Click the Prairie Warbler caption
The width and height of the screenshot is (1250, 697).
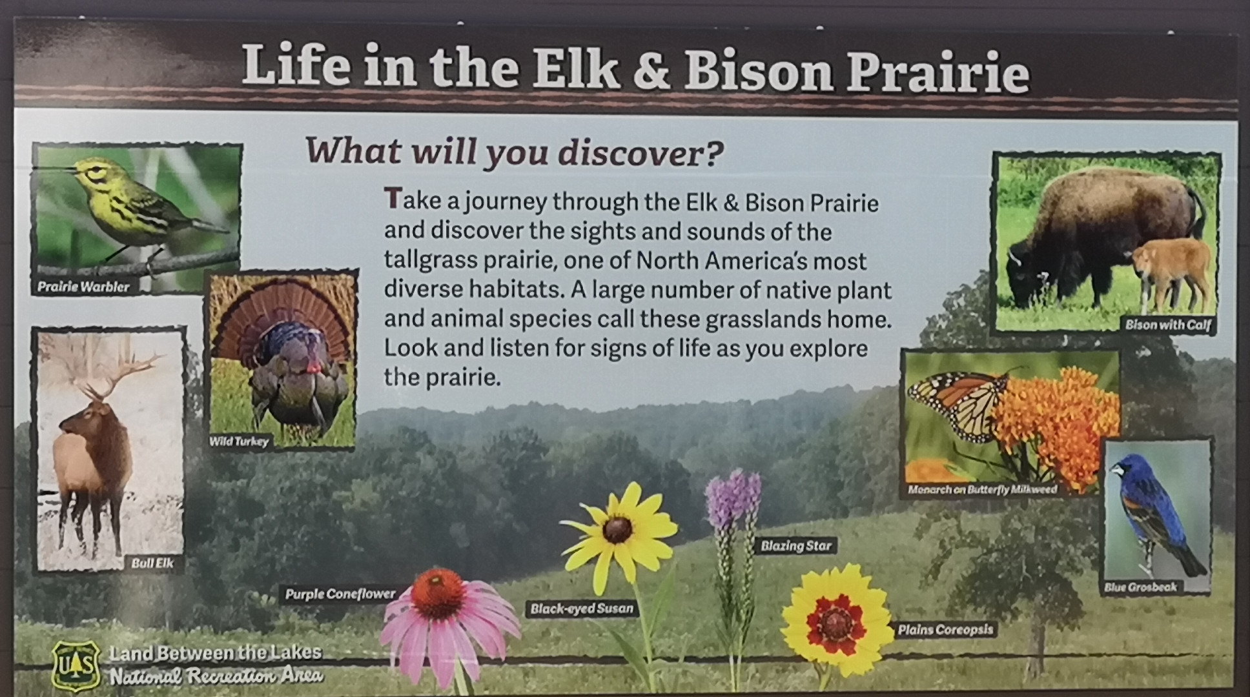83,287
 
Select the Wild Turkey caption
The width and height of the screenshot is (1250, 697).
238,441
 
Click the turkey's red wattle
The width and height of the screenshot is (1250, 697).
312,365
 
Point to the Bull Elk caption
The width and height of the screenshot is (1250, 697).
152,563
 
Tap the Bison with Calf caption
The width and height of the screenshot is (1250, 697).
1168,325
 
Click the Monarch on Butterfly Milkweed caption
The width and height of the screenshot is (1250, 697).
982,490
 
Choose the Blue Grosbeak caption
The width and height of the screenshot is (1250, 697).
1140,587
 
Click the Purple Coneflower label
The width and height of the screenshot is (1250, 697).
340,594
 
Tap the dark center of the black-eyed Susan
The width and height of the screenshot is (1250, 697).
617,530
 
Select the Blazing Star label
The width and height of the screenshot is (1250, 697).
796,545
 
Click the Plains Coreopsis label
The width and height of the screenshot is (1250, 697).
945,629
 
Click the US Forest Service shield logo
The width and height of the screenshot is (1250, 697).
76,665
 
